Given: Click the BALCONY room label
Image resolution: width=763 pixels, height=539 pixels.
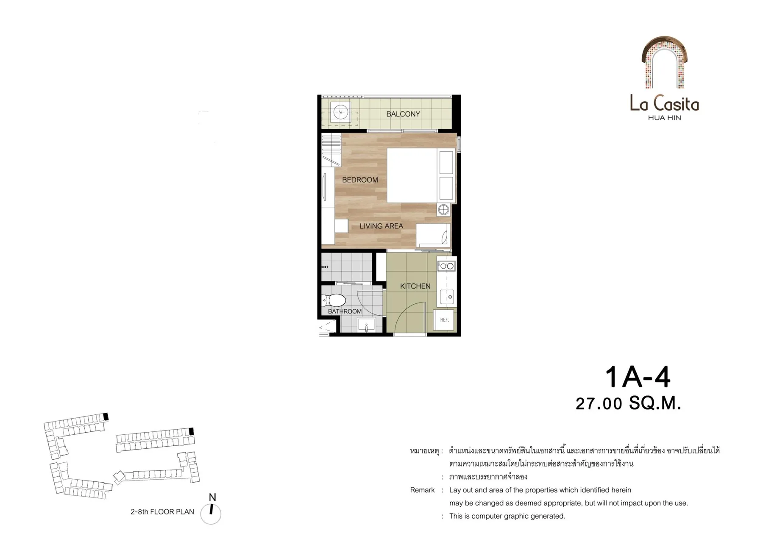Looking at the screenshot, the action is (x=403, y=114).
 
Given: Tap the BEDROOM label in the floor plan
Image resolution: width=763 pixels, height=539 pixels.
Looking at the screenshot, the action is (x=360, y=180).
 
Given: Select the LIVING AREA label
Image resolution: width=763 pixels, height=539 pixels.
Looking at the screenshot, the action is (x=381, y=226).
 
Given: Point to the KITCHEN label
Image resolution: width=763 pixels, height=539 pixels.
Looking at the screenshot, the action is (x=415, y=286).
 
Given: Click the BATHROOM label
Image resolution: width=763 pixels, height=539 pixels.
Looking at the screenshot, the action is (x=345, y=311).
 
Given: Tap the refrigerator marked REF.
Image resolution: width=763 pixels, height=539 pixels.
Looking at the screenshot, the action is (x=444, y=320).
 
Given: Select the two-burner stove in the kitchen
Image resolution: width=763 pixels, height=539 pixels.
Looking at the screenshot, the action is (x=446, y=266).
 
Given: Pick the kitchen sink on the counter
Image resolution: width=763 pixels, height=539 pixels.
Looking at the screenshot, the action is (x=447, y=297).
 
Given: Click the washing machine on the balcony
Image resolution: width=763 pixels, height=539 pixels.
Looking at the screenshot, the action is (x=340, y=112).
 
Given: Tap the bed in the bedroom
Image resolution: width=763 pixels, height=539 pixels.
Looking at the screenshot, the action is (x=420, y=175).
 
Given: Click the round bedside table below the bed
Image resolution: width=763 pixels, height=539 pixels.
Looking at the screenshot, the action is (x=443, y=210).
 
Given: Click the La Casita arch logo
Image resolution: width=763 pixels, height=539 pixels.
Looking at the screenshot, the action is (x=664, y=62).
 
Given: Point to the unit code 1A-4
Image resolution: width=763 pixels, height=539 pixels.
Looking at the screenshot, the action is (x=637, y=377).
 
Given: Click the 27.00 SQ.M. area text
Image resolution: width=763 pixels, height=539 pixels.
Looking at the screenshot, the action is (x=628, y=403).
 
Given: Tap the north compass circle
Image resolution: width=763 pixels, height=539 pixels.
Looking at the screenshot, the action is (x=211, y=514).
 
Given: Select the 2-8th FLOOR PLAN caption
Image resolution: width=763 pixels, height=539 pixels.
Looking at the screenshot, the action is (x=162, y=511).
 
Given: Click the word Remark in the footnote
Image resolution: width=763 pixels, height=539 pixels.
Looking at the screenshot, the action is (x=422, y=490).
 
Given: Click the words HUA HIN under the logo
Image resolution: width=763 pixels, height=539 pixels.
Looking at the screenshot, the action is (x=664, y=118).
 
